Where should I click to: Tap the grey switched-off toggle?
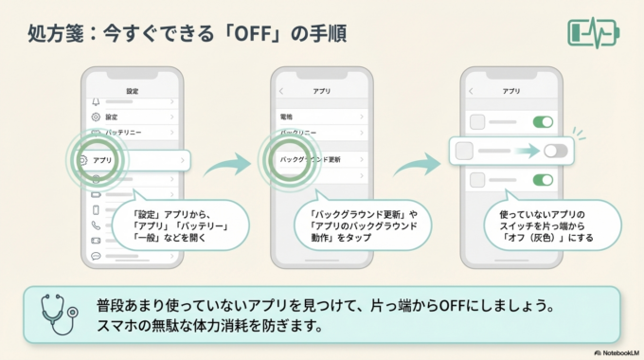click(555, 151)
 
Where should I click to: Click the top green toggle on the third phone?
click(543, 121)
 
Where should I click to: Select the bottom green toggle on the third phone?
click(543, 180)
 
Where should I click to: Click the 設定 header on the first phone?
click(132, 91)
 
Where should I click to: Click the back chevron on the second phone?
click(281, 91)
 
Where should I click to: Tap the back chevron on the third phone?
click(471, 91)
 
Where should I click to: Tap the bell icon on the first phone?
click(95, 101)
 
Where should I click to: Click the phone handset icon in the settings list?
click(96, 225)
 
